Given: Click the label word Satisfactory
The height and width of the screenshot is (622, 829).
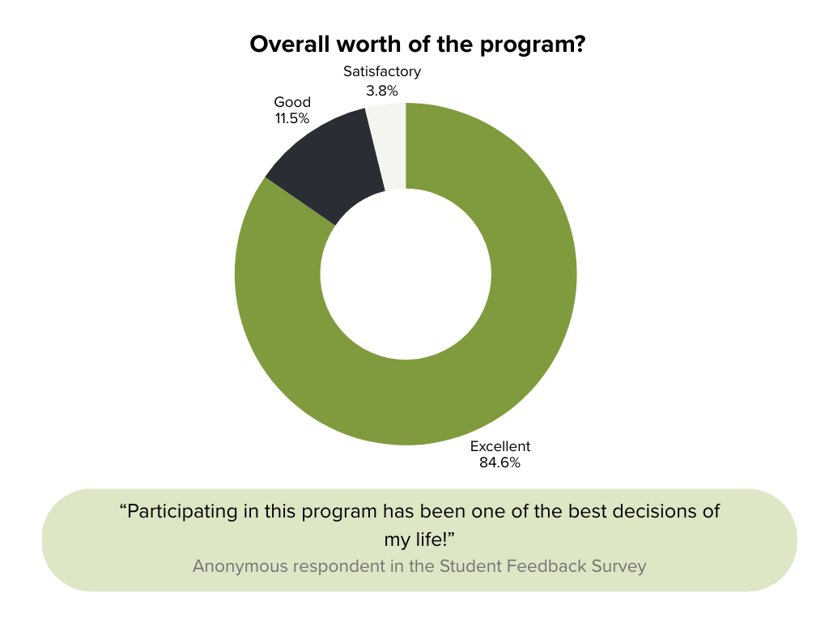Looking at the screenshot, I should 382,71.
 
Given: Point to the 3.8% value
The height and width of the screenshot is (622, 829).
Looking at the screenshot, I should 382,90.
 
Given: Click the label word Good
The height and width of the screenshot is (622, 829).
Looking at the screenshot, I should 292,102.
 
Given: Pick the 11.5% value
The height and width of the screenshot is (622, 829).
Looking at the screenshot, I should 292,118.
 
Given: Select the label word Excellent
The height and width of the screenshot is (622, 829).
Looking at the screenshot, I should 500,446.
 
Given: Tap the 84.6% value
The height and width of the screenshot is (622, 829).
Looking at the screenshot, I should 500,463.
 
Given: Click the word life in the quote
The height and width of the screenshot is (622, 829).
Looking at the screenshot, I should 431,539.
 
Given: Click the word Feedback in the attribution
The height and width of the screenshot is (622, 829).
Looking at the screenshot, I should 546,565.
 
